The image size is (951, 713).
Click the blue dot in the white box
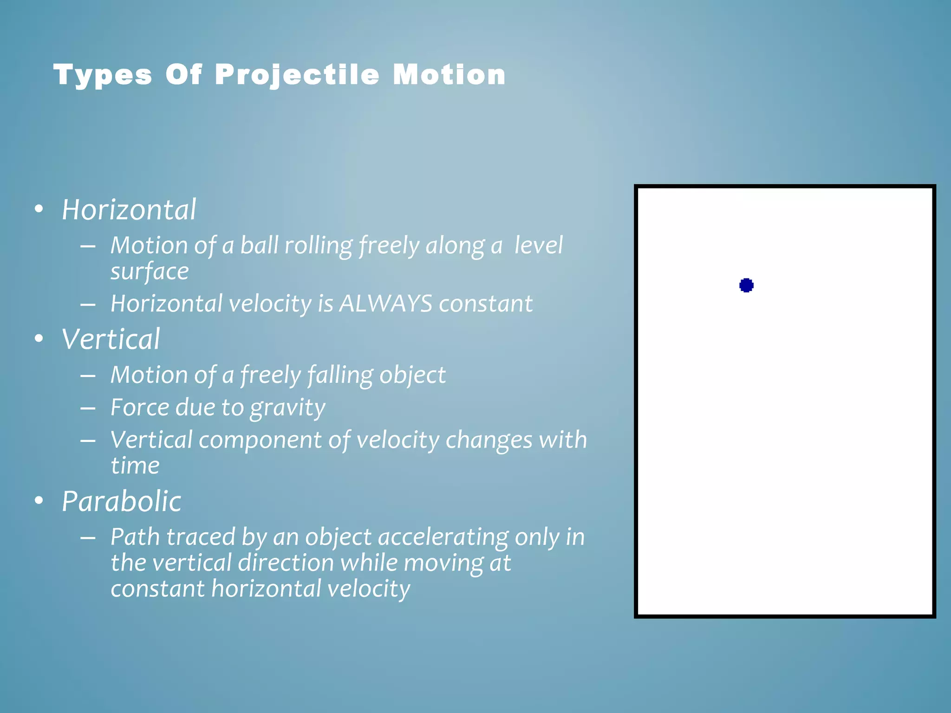(746, 285)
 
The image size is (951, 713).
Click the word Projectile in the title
(297, 75)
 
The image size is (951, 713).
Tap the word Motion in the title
(449, 75)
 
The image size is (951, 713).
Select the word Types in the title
(103, 75)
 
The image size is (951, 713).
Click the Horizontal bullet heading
(129, 209)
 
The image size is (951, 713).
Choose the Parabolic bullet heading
(121, 501)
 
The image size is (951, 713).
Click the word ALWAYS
(386, 304)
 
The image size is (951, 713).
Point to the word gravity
(287, 408)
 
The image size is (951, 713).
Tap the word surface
(150, 272)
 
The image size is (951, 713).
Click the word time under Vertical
(135, 466)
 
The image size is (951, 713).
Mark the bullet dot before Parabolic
(39, 501)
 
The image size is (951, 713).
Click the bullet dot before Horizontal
(39, 209)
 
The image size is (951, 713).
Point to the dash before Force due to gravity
(88, 408)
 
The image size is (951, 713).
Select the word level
(538, 245)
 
